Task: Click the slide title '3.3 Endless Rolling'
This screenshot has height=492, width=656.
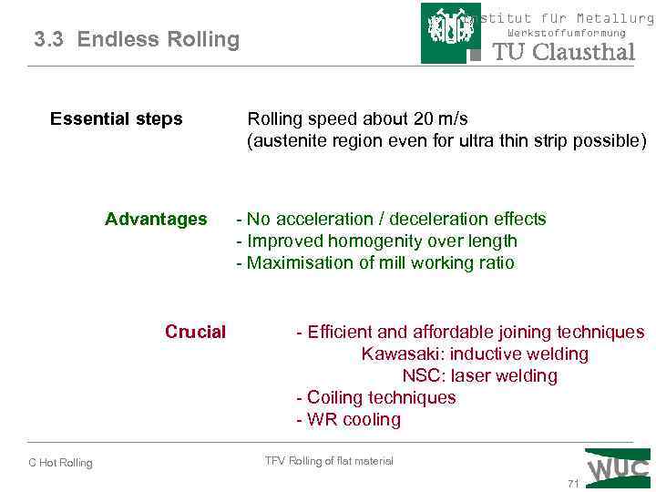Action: [137, 39]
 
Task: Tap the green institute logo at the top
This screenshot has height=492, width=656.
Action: [451, 33]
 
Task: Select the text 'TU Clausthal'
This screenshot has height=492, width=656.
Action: [563, 52]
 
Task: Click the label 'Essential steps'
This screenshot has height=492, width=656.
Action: [116, 119]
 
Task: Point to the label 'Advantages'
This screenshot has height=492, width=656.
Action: [156, 219]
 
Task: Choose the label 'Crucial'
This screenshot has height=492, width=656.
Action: [195, 332]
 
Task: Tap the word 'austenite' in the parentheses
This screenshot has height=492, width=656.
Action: [289, 141]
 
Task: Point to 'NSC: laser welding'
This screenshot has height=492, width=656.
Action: [479, 375]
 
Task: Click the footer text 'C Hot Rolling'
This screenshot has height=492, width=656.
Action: [60, 463]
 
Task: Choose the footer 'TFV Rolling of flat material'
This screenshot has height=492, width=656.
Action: [329, 461]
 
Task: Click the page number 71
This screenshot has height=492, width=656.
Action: [573, 484]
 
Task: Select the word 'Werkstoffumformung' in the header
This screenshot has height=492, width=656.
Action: [566, 34]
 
